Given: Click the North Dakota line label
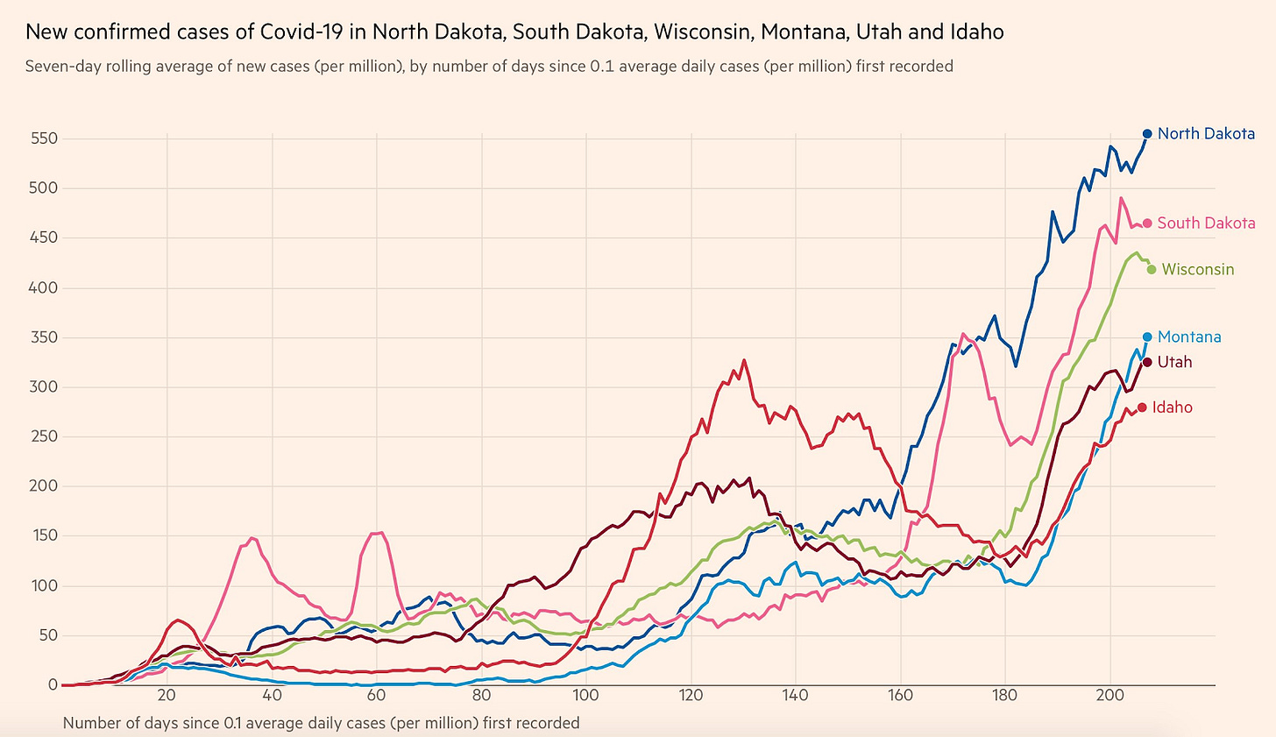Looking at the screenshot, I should click(x=1206, y=134).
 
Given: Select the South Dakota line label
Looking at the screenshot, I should click(x=1206, y=223).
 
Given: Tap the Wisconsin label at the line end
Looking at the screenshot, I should click(x=1198, y=270).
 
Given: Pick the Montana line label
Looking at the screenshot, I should click(x=1189, y=337).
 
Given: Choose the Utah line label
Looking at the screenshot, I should click(x=1174, y=362).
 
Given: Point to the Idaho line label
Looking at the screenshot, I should click(x=1172, y=407).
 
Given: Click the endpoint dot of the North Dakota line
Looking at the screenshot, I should click(x=1147, y=134).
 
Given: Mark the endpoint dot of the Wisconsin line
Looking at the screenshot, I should click(x=1152, y=270).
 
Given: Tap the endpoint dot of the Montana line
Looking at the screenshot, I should click(x=1147, y=337).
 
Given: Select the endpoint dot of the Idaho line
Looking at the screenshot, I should click(x=1142, y=407).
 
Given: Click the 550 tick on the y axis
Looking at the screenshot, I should click(x=45, y=138).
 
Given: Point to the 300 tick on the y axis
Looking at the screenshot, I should click(x=45, y=386).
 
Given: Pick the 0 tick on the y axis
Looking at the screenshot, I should click(x=53, y=684).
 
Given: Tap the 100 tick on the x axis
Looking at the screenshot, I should click(x=585, y=696).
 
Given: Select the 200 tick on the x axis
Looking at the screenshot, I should click(x=1110, y=696).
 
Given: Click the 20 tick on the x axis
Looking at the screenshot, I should click(x=167, y=696).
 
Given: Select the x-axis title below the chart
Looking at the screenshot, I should click(x=321, y=723).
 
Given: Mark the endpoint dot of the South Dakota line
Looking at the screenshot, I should click(x=1147, y=223).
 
